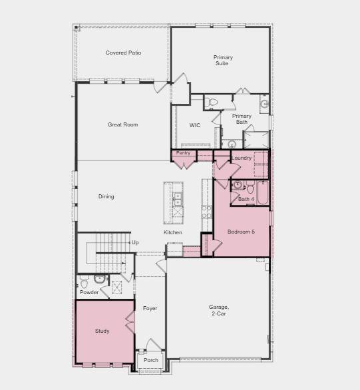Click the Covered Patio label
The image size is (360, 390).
[123, 53]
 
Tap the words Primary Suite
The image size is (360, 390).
[223, 61]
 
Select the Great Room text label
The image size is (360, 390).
[122, 124]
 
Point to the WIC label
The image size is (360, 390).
[194, 125]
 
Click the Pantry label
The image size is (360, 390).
[183, 153]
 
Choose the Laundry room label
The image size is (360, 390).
[241, 158]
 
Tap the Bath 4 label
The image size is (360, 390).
[246, 199]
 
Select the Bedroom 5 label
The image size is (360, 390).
[240, 232]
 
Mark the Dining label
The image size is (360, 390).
[106, 196]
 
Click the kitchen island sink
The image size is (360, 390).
[177, 198]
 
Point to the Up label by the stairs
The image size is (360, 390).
[135, 243]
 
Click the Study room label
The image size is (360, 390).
[102, 331]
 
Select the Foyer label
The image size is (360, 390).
[150, 308]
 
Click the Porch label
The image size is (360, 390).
[151, 360]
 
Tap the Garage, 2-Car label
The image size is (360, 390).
[219, 309]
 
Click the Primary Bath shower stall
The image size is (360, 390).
[256, 139]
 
